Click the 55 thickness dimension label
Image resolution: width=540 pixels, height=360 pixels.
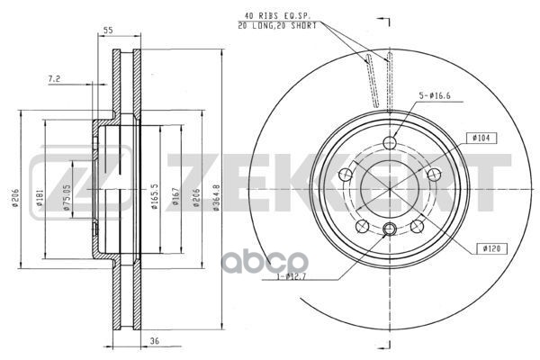108,31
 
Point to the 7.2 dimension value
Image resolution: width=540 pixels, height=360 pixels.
56,79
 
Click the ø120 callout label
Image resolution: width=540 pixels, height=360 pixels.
490,246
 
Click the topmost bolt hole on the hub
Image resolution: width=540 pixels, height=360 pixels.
389,143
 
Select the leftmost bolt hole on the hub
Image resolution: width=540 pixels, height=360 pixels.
343,175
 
